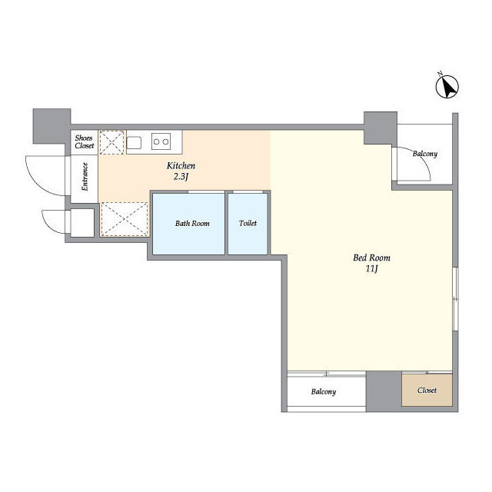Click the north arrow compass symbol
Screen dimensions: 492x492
(447, 87)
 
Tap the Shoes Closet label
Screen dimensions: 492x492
(84, 141)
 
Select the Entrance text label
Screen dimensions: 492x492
(85, 177)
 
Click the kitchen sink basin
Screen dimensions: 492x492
(134, 142)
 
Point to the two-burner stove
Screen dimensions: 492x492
(161, 141)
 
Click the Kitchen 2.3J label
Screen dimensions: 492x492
(181, 171)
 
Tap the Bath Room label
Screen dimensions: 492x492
(192, 224)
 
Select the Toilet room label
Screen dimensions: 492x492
(248, 223)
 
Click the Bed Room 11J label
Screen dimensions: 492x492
(371, 263)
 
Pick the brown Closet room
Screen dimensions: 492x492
(427, 390)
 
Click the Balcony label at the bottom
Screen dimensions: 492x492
(324, 391)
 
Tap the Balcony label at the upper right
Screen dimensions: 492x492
(425, 154)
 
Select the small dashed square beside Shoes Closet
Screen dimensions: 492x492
(111, 142)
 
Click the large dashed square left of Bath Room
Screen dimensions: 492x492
(125, 219)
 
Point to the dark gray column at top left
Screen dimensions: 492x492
(52, 126)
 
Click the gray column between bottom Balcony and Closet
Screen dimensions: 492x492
(384, 391)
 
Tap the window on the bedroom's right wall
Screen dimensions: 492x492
(455, 299)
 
